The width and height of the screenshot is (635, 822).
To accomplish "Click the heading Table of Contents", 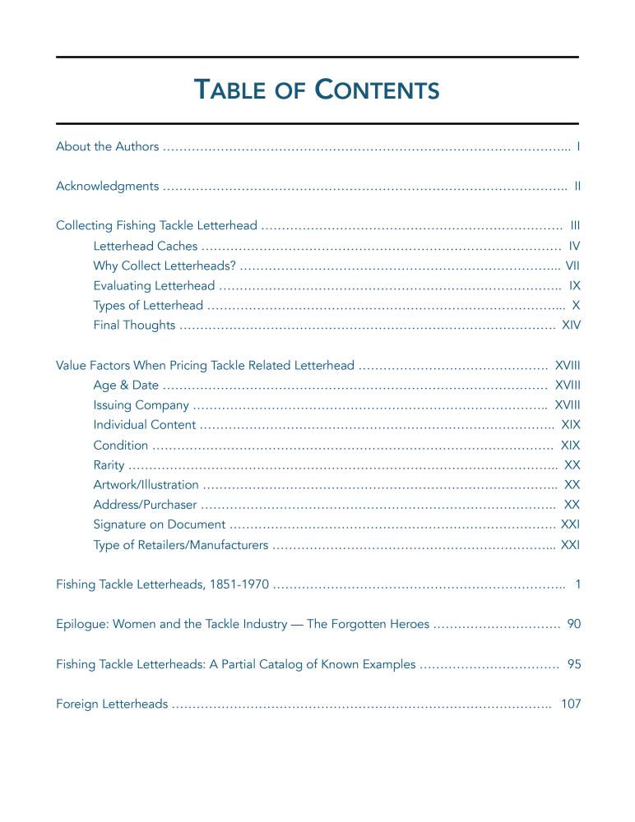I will pos(317,90).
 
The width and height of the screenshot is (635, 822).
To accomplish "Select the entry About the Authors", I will pos(107,146).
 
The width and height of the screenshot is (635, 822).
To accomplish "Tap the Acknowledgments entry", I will pos(107,186).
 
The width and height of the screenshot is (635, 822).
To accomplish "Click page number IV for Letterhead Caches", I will pos(575,246).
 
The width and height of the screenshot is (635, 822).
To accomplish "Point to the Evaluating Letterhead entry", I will pos(154,286).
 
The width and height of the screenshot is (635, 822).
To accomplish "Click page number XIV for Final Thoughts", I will pos(571,326).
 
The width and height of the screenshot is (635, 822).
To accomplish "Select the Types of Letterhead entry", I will pos(148,306).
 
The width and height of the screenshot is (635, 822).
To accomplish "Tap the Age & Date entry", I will pos(126,386).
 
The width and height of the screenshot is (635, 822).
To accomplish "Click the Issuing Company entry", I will pos(141,405).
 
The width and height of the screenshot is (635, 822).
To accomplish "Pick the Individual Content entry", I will pos(145,425).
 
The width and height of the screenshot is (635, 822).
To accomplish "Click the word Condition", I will pos(121,446).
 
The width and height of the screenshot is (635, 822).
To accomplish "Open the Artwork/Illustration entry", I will pos(146,485).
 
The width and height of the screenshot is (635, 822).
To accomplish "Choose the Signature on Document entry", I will pos(160,524).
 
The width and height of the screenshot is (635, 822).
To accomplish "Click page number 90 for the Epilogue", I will pos(574,625).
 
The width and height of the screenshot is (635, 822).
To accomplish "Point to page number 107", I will pos(571,704).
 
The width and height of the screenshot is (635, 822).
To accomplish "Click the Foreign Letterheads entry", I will pos(112,704).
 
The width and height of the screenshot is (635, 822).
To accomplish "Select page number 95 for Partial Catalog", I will pos(574,664).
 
